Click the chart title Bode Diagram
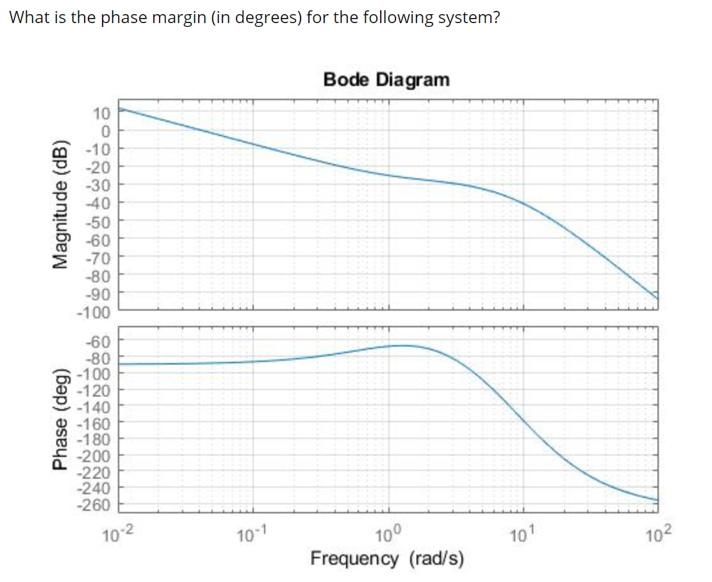coord(386,80)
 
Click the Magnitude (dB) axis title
coord(62,203)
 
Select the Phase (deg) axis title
coord(62,420)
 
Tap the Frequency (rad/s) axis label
coord(386,558)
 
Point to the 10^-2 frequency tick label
coord(118,532)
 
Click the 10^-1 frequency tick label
coord(252,532)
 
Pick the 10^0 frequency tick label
coord(388,532)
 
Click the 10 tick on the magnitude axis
coord(102,114)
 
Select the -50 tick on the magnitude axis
coord(99,222)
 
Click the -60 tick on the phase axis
coord(99,341)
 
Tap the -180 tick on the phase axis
coord(95,440)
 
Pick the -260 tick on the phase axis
coord(95,504)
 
